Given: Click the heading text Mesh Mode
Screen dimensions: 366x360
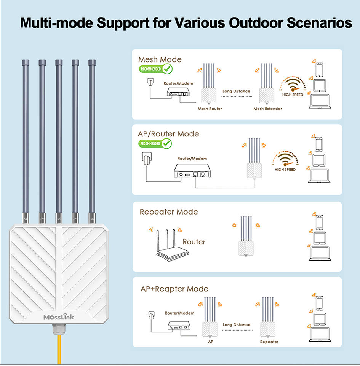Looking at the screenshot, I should point(160,59).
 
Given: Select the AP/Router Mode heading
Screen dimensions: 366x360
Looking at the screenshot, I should point(168,134).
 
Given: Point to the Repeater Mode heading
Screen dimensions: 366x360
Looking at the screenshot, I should point(169,212).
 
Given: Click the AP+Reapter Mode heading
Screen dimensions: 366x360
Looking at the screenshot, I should point(174,289).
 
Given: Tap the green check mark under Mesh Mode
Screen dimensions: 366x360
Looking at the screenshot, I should point(167,69).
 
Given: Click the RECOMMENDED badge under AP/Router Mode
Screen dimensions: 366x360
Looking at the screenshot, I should point(150,144).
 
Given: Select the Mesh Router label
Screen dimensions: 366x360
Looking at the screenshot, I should point(210,109).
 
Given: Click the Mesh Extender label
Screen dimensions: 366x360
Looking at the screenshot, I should point(268,109).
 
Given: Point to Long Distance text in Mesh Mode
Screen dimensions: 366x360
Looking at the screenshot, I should point(236,91).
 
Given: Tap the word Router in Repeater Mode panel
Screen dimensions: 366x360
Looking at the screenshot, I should point(194,242).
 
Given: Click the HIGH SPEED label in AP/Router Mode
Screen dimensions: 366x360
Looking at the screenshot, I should point(285,169).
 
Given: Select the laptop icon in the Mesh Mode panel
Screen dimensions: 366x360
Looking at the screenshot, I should point(320,102).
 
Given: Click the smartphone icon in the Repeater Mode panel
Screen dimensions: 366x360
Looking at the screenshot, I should point(319,222).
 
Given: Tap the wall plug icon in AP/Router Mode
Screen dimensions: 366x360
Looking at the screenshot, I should point(147,159).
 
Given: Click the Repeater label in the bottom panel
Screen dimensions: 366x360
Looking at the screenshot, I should point(269,342).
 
